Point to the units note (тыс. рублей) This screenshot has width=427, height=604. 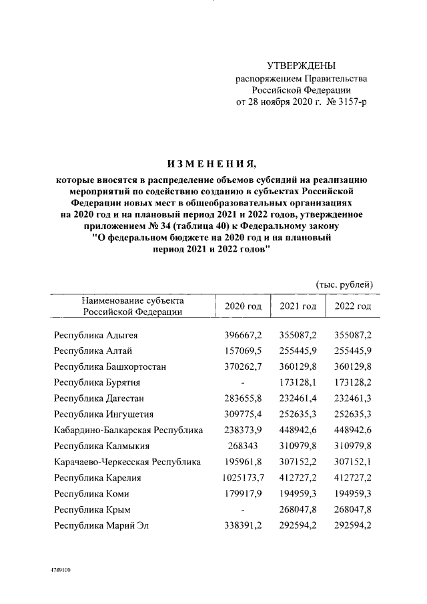click(344, 284)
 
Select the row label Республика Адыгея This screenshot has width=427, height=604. click(96, 334)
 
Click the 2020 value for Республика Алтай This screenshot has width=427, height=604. click(243, 350)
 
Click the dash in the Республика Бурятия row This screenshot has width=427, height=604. click(243, 383)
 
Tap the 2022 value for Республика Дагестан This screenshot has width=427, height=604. click(352, 398)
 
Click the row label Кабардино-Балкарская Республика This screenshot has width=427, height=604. click(129, 430)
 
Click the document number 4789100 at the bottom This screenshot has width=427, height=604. click(59, 571)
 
